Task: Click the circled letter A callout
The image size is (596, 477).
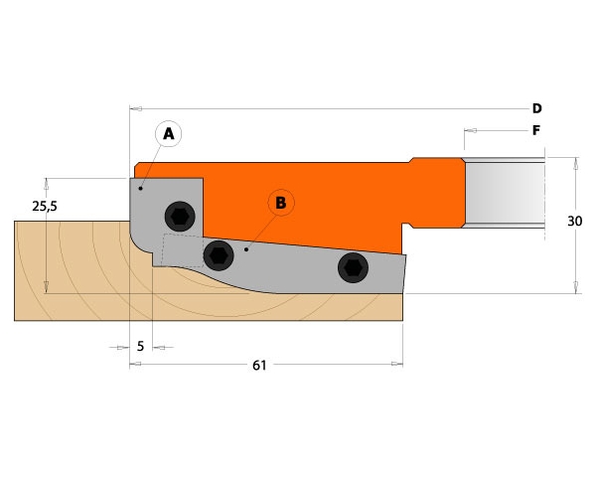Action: [169, 134]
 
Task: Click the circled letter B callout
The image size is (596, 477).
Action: [281, 203]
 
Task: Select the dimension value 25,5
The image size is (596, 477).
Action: [45, 206]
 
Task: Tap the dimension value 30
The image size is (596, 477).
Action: [574, 221]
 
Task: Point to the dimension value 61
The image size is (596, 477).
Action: [259, 366]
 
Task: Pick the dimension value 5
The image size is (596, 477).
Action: [141, 347]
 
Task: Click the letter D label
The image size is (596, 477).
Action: [536, 108]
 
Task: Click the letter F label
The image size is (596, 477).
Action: [536, 131]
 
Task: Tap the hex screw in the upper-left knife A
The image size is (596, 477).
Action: [180, 217]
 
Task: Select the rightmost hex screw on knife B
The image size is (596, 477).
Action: [353, 267]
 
